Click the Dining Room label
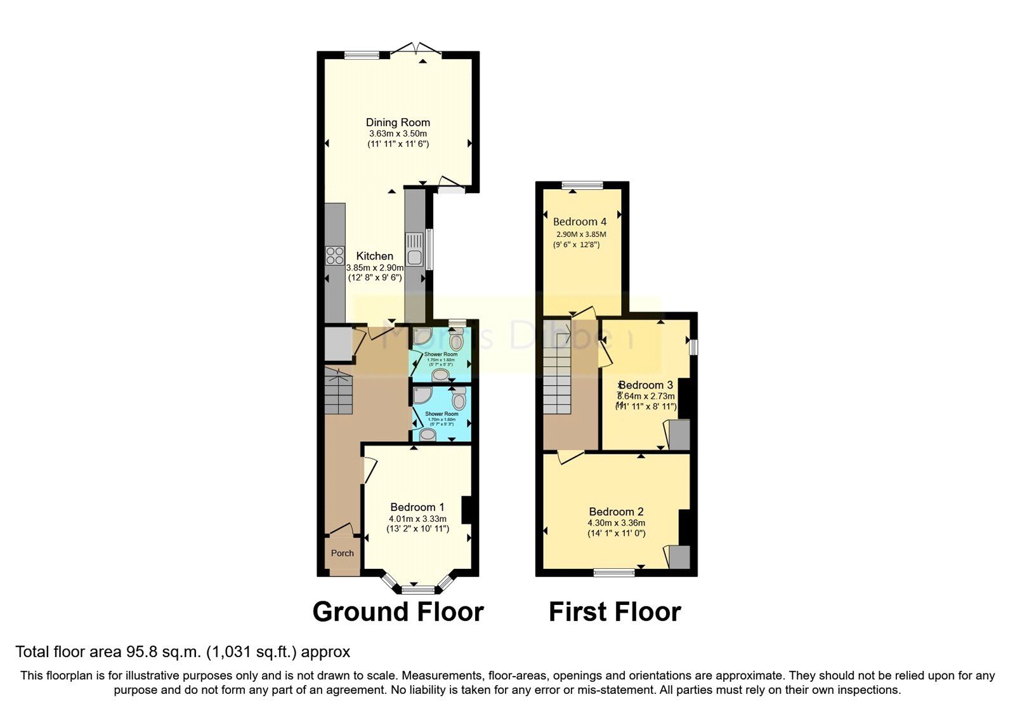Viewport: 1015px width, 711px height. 398,123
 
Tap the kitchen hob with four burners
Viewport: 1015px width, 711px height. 334,256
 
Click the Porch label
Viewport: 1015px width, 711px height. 343,553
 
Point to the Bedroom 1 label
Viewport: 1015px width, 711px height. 417,507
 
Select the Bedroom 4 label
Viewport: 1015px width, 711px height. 579,222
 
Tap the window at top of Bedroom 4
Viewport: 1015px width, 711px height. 582,185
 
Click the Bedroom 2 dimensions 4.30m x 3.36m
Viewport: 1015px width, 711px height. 616,523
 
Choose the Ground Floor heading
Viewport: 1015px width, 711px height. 398,612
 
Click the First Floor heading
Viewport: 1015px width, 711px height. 614,612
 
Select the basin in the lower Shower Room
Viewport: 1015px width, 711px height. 428,435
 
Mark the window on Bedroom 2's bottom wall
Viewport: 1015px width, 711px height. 614,573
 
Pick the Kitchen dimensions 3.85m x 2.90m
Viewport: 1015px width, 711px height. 374,268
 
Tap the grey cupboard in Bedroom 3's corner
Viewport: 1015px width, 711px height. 679,435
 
